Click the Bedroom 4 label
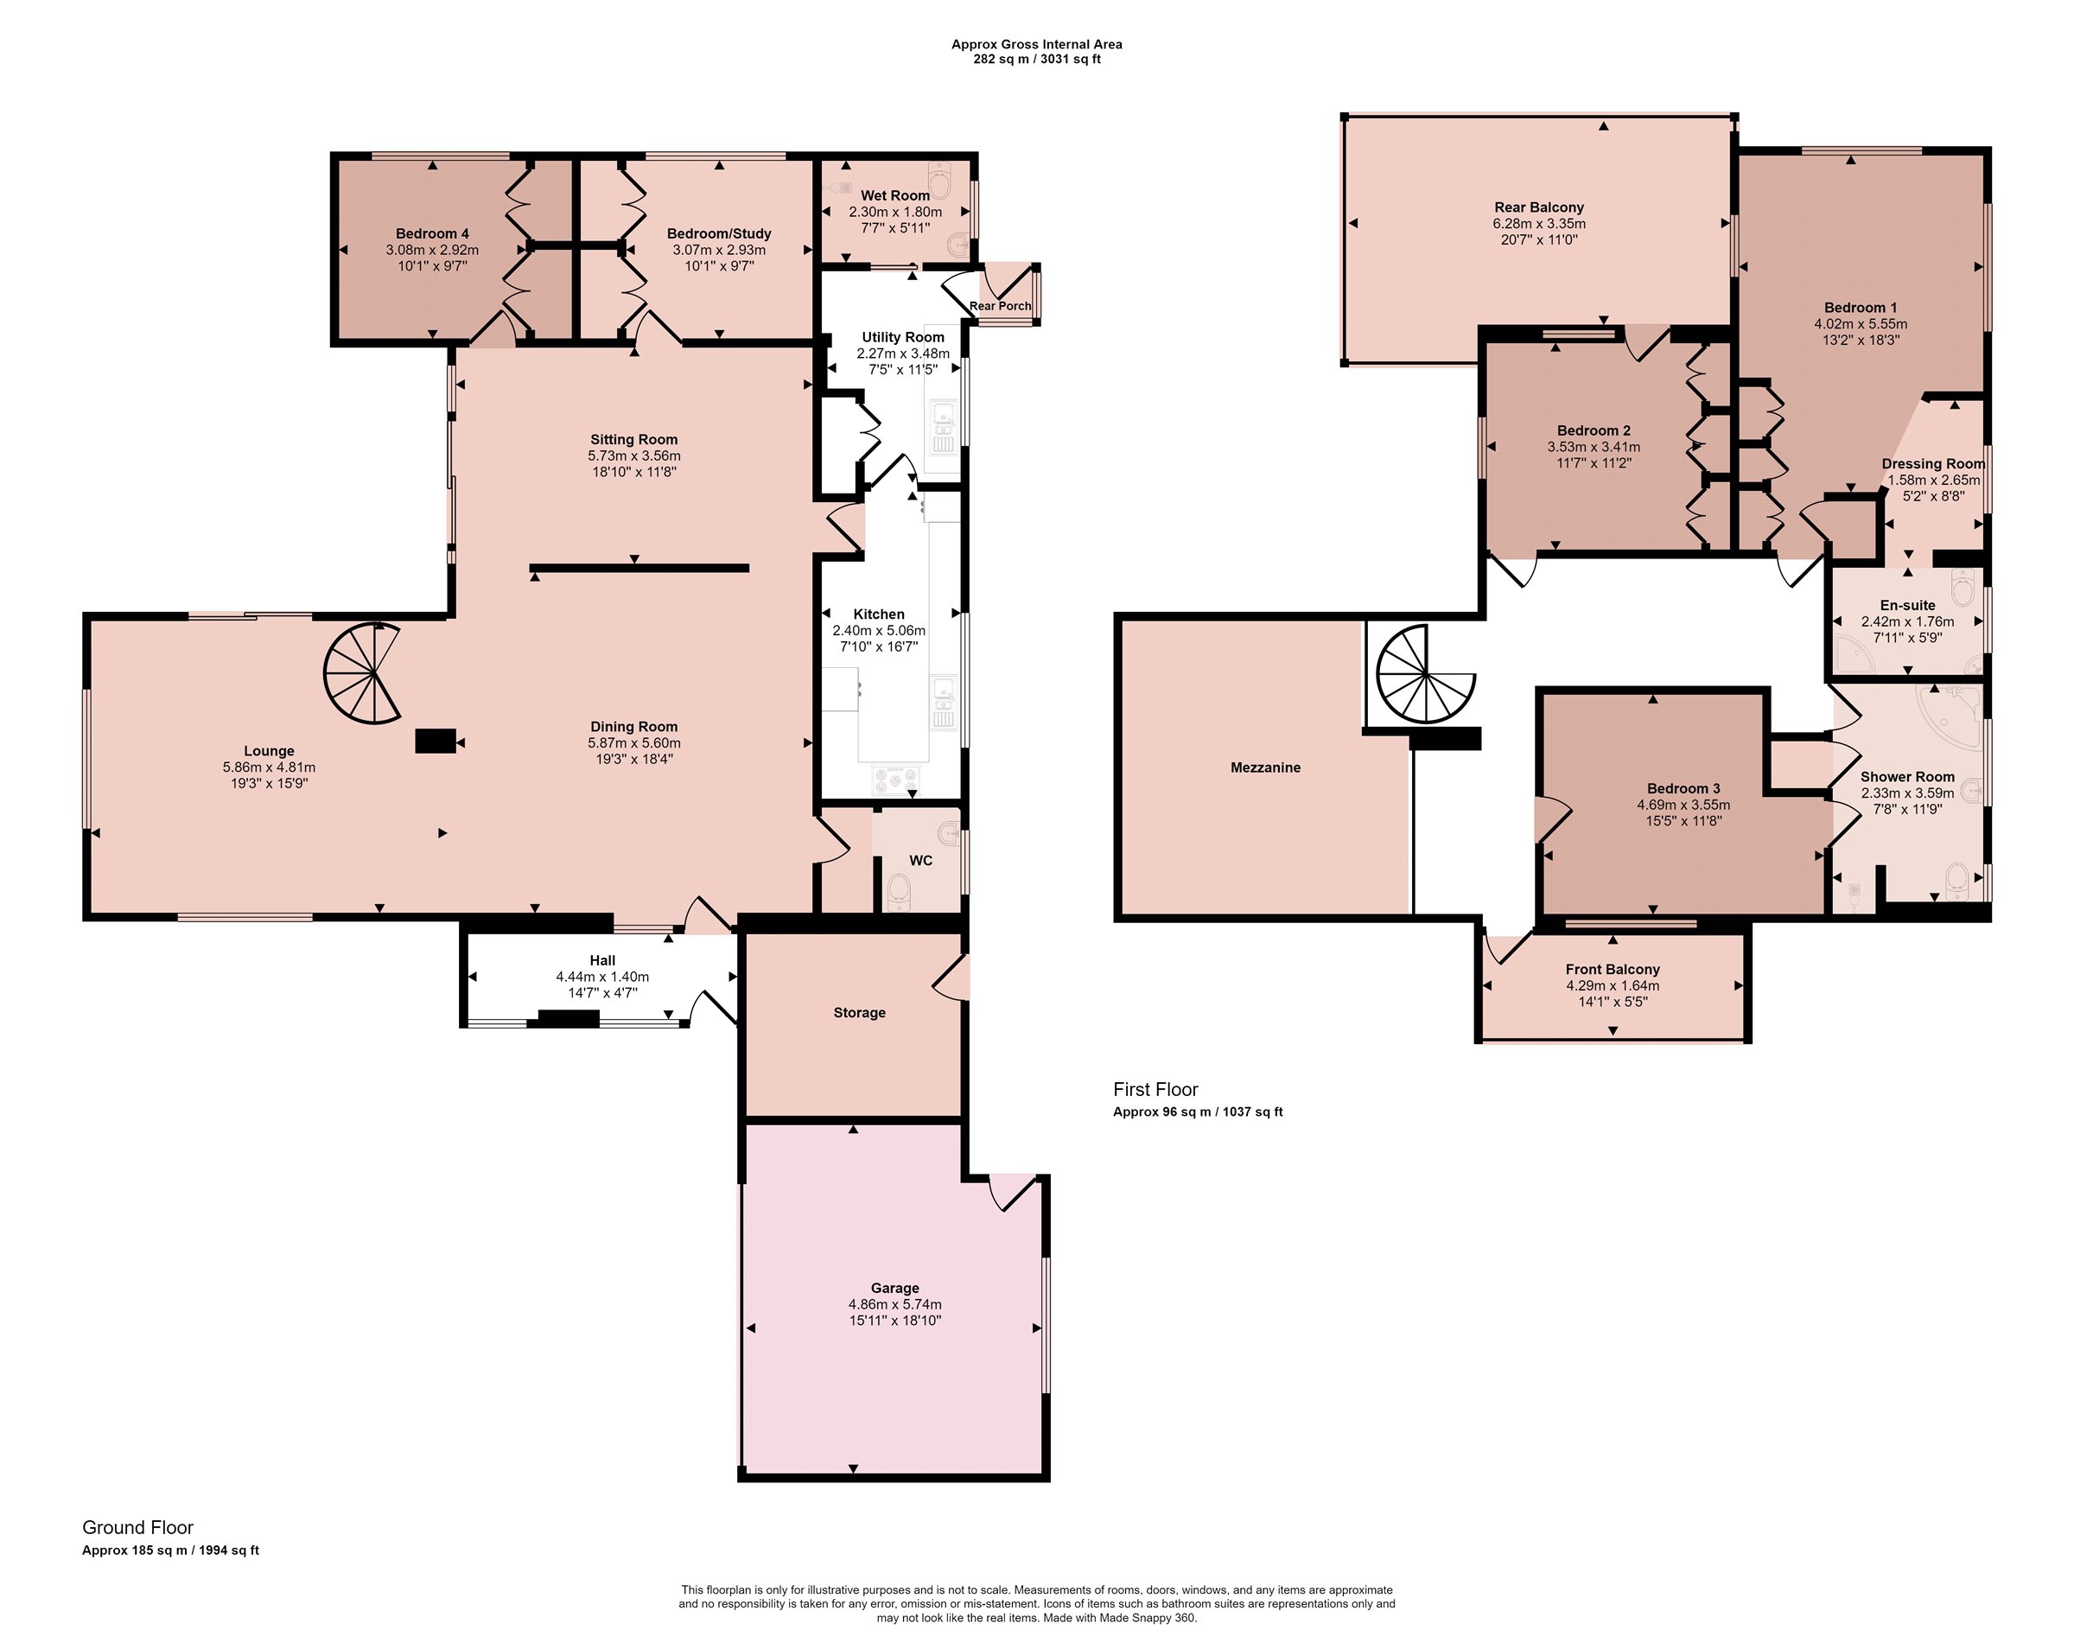(x=432, y=233)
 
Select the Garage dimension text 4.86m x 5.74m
(x=894, y=1304)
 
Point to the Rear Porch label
(x=1000, y=306)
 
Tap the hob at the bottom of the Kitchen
(x=894, y=780)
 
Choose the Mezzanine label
(x=1265, y=767)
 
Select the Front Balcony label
(x=1613, y=970)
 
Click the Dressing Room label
(x=1933, y=463)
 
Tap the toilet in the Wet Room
(x=940, y=178)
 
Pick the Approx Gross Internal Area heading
(x=1036, y=44)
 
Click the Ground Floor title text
(x=137, y=1527)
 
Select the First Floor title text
(x=1155, y=1090)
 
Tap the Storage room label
(x=859, y=1013)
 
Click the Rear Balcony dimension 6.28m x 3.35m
(x=1539, y=223)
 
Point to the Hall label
(x=602, y=960)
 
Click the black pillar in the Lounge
(x=435, y=741)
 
